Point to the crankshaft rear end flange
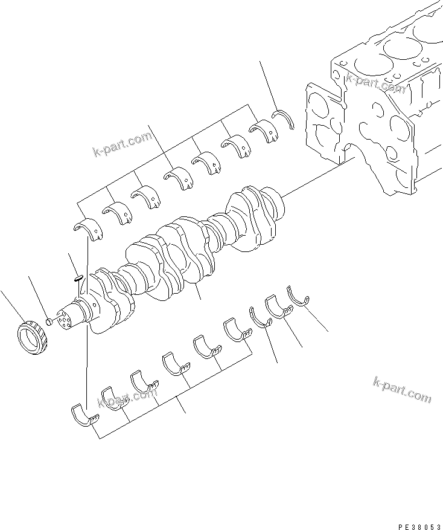click(275, 204)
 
